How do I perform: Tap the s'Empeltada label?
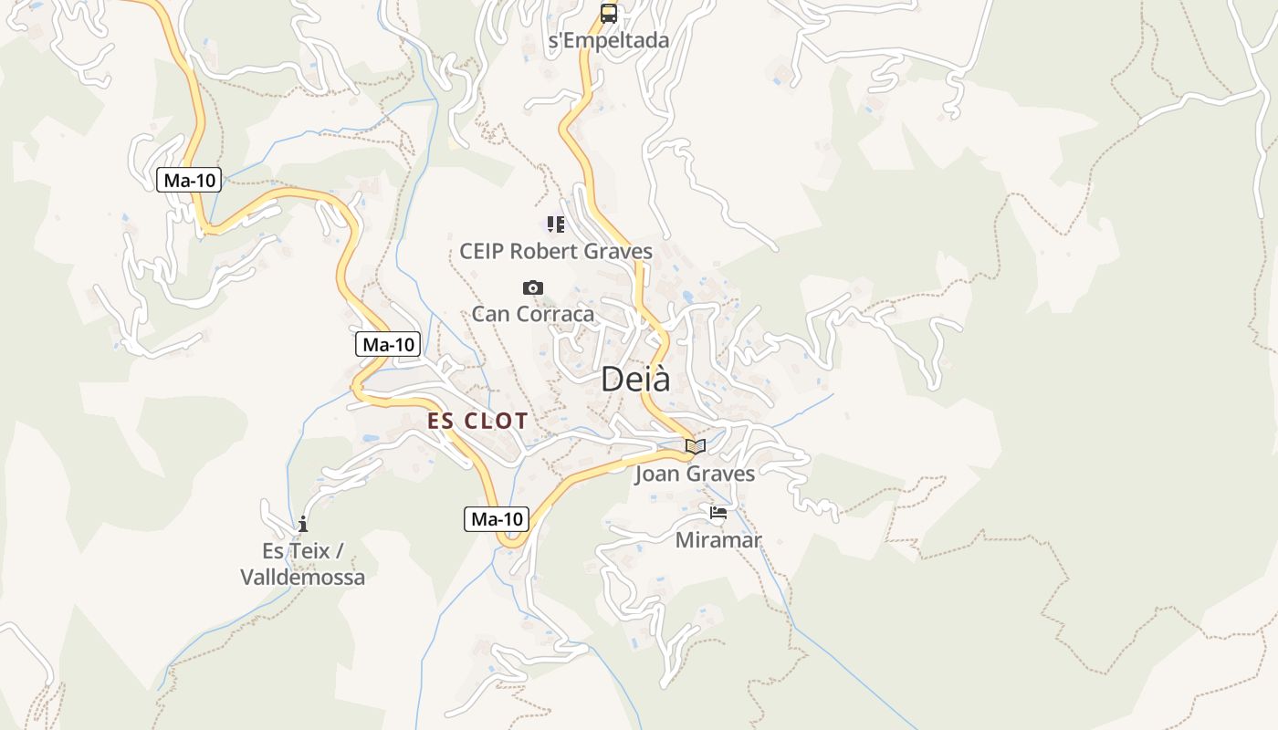[609, 40]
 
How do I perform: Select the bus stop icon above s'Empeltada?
[609, 14]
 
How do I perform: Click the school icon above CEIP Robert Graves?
[555, 224]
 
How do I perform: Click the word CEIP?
[481, 251]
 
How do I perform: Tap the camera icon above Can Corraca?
[533, 288]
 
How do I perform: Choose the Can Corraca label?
[533, 314]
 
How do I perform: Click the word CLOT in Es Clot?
[496, 421]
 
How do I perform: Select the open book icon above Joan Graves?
[696, 447]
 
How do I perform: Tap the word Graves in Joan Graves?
[721, 474]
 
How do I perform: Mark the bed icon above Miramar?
[718, 514]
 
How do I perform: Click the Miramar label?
[718, 539]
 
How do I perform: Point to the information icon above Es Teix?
[303, 525]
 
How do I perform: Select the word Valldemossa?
[303, 577]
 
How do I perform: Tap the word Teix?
[311, 551]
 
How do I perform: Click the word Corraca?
[556, 314]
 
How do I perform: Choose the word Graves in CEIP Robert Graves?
[619, 251]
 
